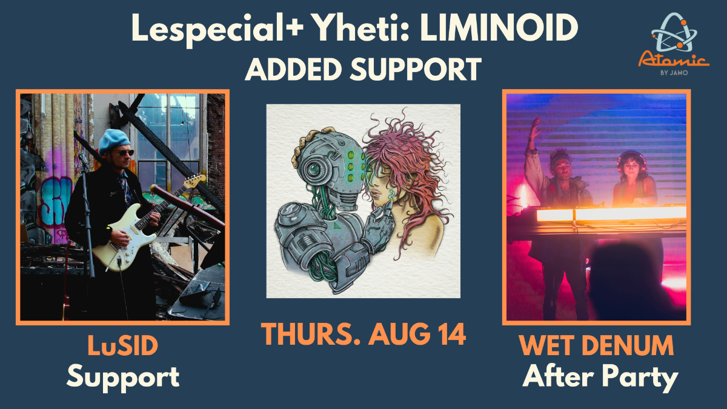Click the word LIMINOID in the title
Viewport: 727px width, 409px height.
click(x=499, y=28)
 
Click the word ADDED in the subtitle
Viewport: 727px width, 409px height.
click(x=293, y=69)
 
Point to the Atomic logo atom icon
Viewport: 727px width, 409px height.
click(x=674, y=33)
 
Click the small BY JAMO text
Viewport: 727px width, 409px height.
click(x=674, y=73)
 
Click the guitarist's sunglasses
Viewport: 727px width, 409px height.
click(x=125, y=153)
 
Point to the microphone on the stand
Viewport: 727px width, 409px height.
click(x=84, y=161)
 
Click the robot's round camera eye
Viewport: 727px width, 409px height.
click(x=315, y=169)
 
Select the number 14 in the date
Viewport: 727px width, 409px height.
click(x=451, y=334)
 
